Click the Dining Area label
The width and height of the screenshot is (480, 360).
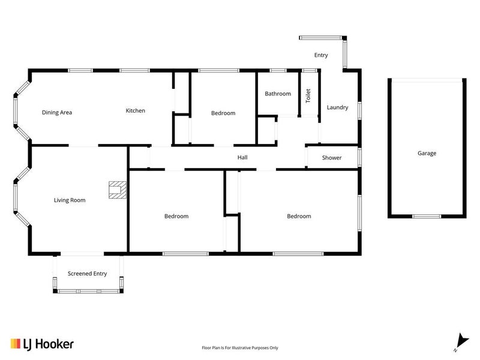click(x=57, y=112)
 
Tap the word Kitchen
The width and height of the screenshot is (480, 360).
click(x=136, y=110)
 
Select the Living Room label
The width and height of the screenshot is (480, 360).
click(x=70, y=200)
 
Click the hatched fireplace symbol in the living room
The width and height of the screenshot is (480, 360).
click(x=118, y=190)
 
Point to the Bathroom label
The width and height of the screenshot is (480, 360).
click(x=278, y=94)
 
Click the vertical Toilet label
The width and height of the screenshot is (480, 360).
click(x=308, y=95)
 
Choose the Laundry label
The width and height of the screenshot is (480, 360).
click(x=337, y=107)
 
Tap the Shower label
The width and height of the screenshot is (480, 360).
click(x=332, y=158)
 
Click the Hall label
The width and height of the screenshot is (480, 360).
click(x=242, y=157)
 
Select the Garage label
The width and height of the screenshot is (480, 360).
click(x=427, y=153)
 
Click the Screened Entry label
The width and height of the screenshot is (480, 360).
click(x=87, y=274)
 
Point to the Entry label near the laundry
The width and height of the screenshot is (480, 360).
click(x=321, y=55)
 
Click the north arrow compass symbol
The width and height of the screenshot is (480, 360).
click(x=462, y=342)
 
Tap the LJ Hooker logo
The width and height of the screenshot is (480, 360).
click(x=42, y=344)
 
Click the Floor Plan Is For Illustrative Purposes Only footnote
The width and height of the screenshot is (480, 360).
click(x=240, y=348)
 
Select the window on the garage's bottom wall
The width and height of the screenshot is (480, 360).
click(x=427, y=217)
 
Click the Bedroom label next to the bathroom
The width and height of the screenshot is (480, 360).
click(x=223, y=113)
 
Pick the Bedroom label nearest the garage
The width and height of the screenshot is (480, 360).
click(x=299, y=216)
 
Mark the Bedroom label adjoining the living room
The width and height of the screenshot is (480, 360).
click(x=176, y=216)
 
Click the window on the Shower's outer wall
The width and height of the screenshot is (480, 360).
click(x=359, y=157)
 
